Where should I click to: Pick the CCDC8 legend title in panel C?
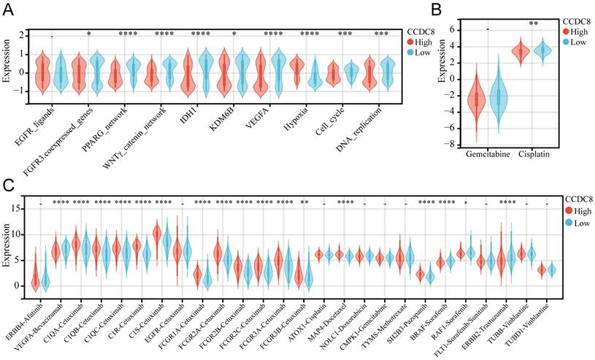579,198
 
